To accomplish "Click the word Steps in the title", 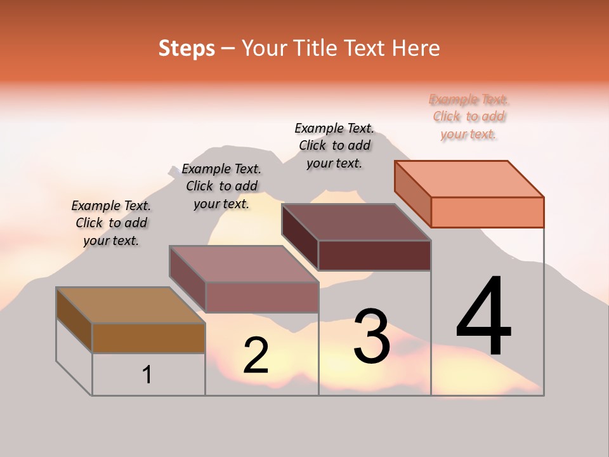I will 187,48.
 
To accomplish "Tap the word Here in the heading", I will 416,48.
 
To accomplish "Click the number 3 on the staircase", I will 372,336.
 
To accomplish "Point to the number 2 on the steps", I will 256,355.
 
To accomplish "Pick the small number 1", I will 147,374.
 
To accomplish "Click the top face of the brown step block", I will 131,305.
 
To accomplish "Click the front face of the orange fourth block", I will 487,212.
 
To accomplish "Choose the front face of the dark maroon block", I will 374,255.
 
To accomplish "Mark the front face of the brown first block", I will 148,338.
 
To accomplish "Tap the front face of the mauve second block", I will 261,297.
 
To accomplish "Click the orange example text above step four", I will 469,117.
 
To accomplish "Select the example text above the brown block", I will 111,223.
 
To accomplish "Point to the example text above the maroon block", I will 334,146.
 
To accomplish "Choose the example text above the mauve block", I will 221,187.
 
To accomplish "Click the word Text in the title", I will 370,48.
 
